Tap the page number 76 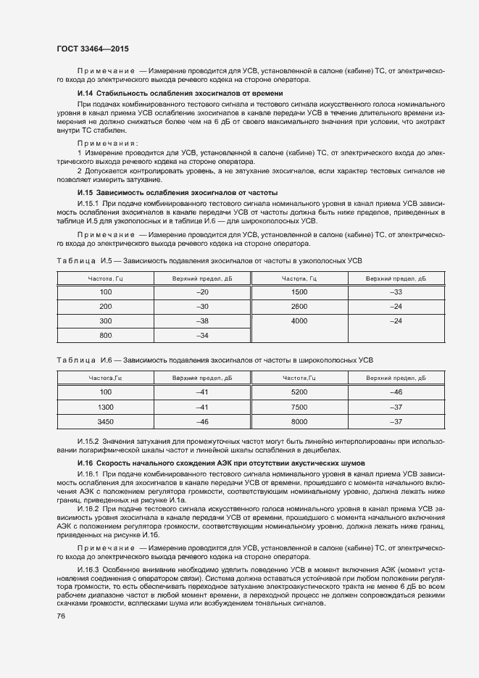coord(61,616)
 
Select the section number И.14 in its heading coord(86,94)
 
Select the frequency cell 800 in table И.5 coord(106,335)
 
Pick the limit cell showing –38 coord(202,321)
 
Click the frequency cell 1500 coord(299,292)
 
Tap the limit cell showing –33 coord(396,292)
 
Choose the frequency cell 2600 coord(299,306)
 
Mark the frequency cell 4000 coord(299,321)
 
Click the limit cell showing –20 coord(202,292)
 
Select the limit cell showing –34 coord(202,335)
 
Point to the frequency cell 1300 coord(106,407)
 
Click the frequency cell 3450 coord(106,421)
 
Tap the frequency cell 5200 coord(299,392)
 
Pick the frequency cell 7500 coord(299,407)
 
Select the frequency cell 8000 coord(299,421)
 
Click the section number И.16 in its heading coord(86,462)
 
